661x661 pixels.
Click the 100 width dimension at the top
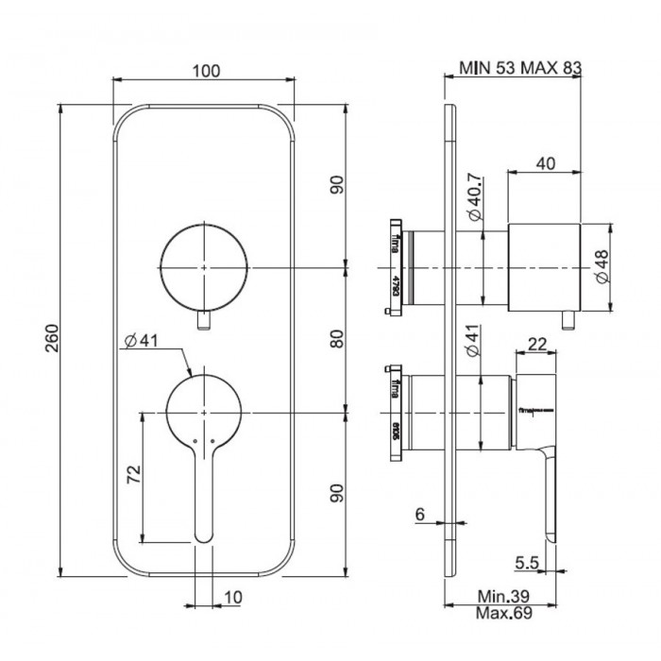(x=205, y=71)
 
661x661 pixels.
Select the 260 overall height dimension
(x=52, y=337)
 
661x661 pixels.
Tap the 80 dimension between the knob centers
(x=337, y=338)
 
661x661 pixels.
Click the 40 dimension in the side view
(x=544, y=163)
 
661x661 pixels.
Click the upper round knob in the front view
(x=205, y=268)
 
